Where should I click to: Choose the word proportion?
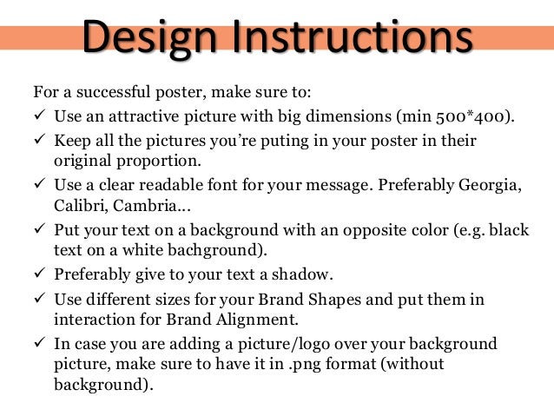(152, 161)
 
